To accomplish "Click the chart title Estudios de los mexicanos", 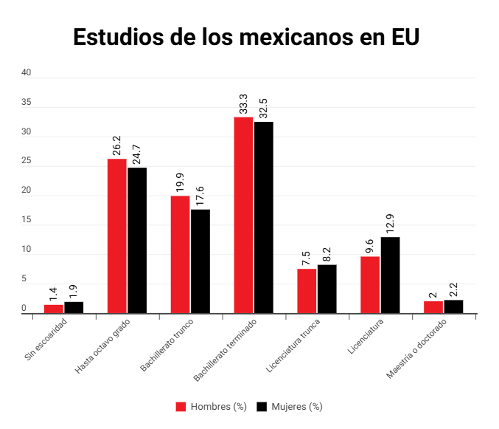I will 246,37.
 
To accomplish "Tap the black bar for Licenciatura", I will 391,275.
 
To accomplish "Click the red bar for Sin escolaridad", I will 54,309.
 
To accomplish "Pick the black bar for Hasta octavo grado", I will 137,241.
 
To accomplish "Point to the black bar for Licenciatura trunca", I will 327,289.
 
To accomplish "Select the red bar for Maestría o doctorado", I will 433,307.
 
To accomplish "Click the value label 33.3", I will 244,104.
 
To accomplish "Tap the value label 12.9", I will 391,224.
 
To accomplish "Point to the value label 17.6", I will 200,197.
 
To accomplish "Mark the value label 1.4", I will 54,292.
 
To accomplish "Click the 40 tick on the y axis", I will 27,73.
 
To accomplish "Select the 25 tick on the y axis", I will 27,162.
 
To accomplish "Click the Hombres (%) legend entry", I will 212,407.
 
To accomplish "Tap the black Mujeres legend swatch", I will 262,407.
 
